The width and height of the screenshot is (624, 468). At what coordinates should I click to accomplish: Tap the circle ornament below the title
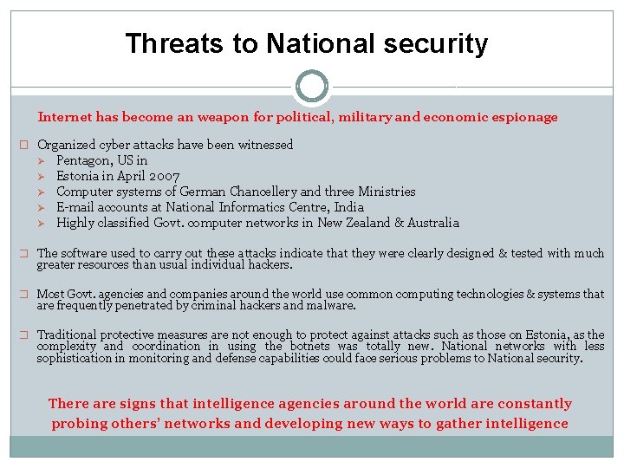point(312,87)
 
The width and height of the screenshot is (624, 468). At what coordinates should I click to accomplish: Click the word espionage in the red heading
point(524,117)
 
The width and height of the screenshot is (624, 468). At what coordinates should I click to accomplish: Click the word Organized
point(66,145)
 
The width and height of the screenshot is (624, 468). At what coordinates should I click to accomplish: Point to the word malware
point(332,305)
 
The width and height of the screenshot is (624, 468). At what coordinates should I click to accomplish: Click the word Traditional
point(67,335)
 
